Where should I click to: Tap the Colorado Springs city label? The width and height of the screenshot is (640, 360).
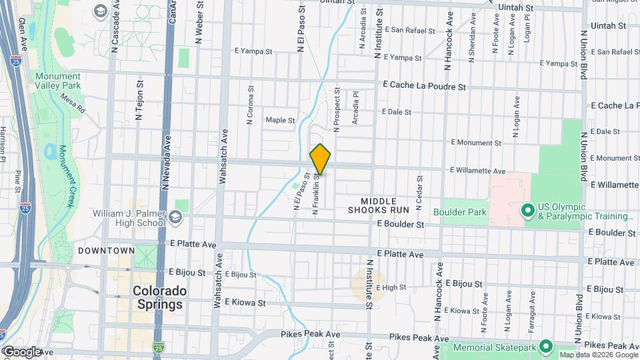click(x=157, y=297)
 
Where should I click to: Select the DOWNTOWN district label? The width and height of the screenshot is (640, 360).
click(x=107, y=251)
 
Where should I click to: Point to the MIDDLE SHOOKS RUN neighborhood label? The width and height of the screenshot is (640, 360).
click(x=378, y=205)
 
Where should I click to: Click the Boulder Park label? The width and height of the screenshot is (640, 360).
click(x=460, y=213)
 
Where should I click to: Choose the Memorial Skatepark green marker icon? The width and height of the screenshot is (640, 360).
click(x=546, y=347)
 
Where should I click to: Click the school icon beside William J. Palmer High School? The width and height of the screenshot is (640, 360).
click(x=175, y=216)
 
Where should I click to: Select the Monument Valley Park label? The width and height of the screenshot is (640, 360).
click(x=58, y=81)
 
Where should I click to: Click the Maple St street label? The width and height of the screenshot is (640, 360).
click(x=280, y=121)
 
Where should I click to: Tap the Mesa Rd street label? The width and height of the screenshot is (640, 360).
click(x=73, y=103)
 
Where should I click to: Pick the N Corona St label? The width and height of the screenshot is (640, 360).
click(x=250, y=105)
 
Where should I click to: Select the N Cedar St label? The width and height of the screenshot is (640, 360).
click(x=419, y=188)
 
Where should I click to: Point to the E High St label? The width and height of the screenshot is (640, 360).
click(x=391, y=287)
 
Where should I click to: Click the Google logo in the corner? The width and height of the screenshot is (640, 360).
click(x=22, y=351)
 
